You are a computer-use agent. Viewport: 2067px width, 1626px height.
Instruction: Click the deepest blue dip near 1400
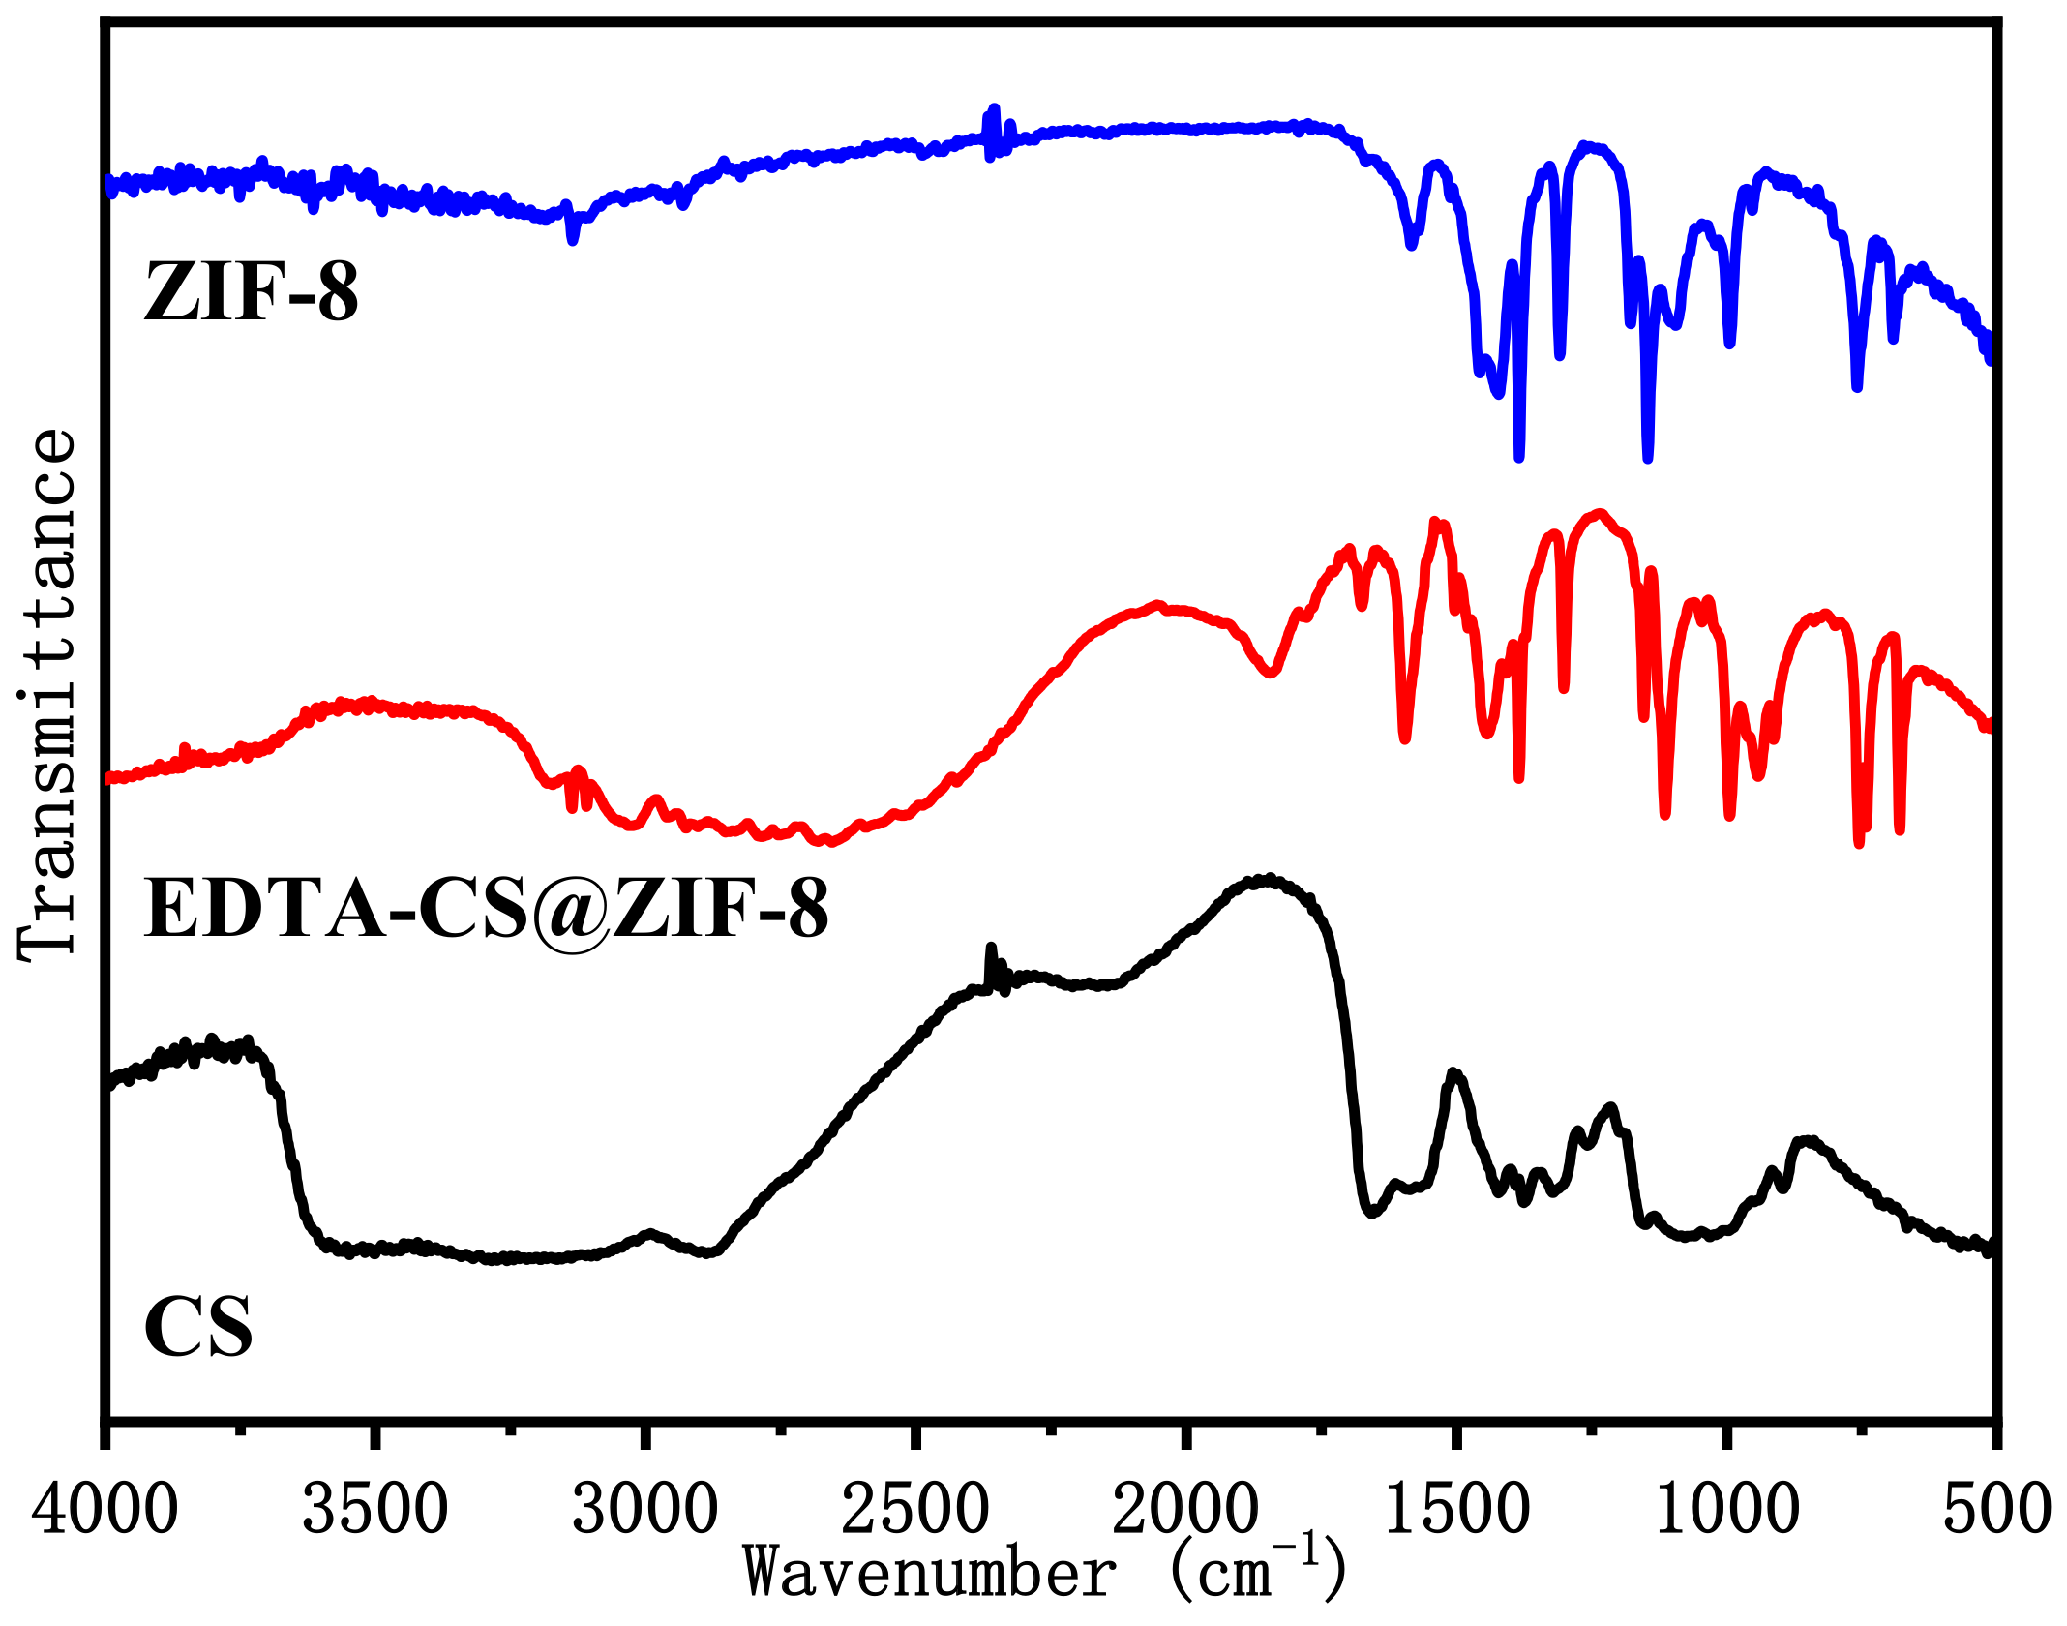[1519, 457]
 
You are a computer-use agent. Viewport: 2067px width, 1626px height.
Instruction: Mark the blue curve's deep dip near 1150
[1648, 457]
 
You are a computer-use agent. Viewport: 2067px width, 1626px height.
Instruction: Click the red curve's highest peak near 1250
[1600, 513]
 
